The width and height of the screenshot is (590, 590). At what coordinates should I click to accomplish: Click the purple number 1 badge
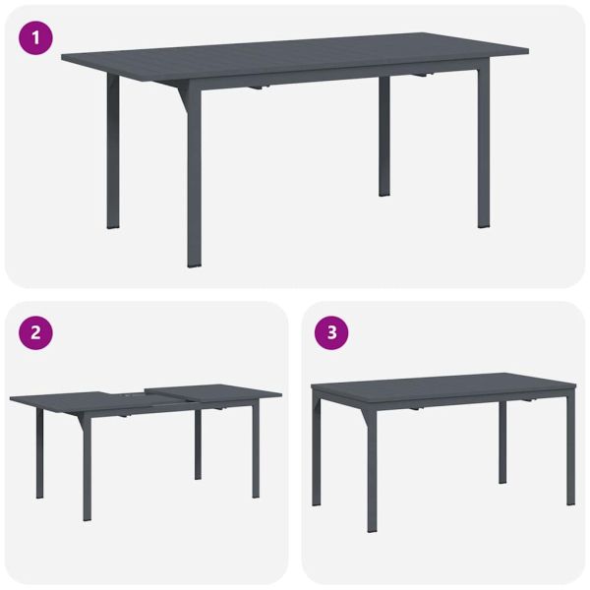(34, 39)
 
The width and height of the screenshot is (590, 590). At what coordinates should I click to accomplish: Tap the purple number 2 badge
(35, 332)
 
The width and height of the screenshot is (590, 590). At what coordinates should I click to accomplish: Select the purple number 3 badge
(331, 332)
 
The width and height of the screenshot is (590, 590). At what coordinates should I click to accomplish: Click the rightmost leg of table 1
(483, 147)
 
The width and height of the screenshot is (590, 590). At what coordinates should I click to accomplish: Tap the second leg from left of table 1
(194, 177)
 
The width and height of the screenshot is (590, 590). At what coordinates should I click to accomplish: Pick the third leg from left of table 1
(384, 138)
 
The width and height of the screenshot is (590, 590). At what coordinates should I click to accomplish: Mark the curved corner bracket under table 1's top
(180, 95)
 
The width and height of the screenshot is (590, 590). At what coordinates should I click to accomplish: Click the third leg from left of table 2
(198, 442)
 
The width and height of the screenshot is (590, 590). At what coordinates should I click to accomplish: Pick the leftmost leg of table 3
(317, 452)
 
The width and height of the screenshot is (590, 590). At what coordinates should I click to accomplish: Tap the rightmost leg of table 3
(570, 452)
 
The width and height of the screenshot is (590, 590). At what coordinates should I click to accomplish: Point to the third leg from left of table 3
(502, 442)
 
